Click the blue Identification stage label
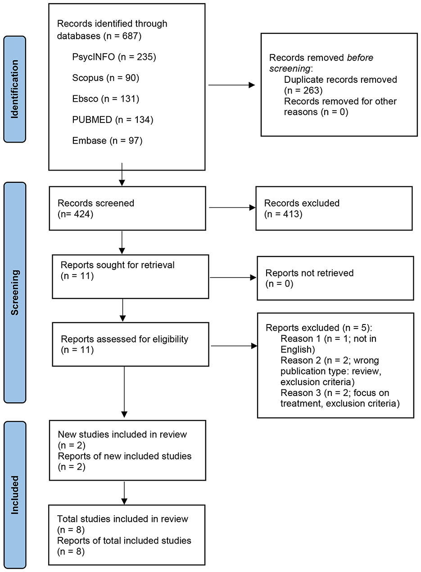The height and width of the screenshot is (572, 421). click(x=15, y=89)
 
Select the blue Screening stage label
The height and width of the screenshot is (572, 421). click(x=15, y=292)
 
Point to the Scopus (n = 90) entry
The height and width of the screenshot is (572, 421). click(x=105, y=78)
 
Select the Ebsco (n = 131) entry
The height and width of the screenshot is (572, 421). click(x=106, y=99)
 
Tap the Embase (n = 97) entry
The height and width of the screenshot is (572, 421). click(x=107, y=141)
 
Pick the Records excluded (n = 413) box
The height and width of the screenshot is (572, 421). click(x=334, y=208)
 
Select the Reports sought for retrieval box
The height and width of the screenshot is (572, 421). click(x=131, y=276)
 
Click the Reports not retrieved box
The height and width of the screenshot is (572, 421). click(x=335, y=278)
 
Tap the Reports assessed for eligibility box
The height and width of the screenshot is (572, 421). click(x=131, y=344)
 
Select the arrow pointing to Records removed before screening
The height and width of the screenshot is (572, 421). click(x=232, y=85)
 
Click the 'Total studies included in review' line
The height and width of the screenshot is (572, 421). click(x=122, y=518)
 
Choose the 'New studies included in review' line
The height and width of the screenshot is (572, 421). click(x=122, y=434)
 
